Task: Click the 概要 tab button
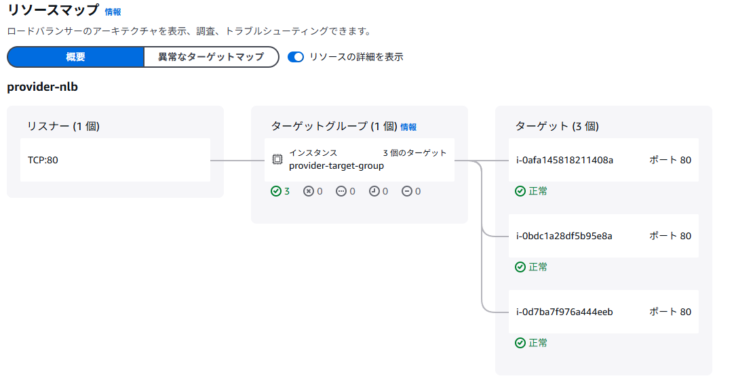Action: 75,57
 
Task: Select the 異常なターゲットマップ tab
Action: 211,57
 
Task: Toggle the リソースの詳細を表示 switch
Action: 295,57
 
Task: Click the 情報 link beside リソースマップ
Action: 113,12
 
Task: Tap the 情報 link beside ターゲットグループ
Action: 408,127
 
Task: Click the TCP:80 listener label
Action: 43,160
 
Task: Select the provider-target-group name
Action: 336,166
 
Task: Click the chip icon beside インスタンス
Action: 277,159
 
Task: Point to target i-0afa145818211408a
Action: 564,160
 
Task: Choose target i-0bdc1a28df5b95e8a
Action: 564,236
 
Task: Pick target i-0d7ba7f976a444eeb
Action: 564,312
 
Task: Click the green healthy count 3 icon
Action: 275,191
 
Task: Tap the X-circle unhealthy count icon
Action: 308,191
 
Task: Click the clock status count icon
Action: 374,191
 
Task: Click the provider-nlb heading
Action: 42,87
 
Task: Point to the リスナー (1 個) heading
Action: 63,126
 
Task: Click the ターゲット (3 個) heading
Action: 557,126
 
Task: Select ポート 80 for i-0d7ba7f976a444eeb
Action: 670,312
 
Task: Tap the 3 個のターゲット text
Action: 414,153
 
